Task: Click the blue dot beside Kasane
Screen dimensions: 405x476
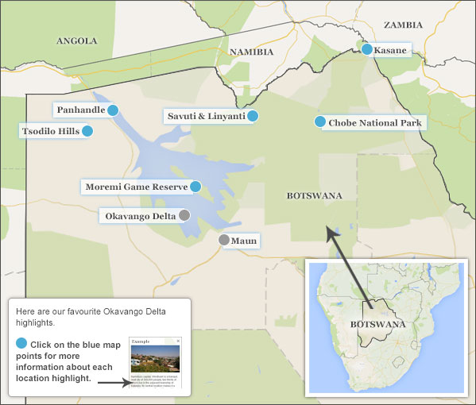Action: coord(367,49)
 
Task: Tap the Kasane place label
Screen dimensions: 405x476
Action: coord(390,50)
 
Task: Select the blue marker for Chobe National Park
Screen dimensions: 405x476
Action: coord(320,121)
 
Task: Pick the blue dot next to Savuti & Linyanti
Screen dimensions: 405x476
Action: coord(253,116)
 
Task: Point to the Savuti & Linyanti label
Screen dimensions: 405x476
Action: coord(206,116)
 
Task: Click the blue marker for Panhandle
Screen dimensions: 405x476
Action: coord(113,110)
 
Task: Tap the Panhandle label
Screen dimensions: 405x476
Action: coord(81,110)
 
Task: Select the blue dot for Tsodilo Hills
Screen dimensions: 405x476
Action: coord(87,131)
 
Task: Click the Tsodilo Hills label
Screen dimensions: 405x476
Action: coord(50,131)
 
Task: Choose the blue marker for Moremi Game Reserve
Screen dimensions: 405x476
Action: coord(195,187)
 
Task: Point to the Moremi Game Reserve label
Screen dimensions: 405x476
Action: coord(137,187)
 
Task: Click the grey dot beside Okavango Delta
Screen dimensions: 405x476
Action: coord(184,215)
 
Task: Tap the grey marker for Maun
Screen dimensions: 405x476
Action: coord(224,240)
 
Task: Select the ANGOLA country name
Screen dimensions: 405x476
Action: coord(77,40)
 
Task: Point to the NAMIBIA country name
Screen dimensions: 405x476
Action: coord(251,52)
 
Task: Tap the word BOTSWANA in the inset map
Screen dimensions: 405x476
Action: coord(377,324)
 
